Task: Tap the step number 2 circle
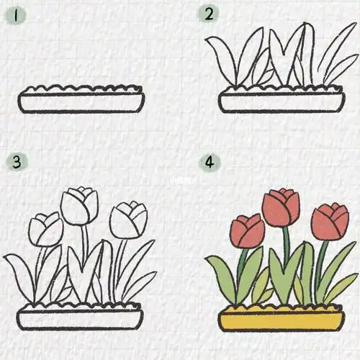[x=210, y=14]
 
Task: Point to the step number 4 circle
[x=210, y=163]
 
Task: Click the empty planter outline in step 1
[x=82, y=102]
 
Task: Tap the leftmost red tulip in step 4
[x=247, y=230]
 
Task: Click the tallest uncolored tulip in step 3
[x=79, y=205]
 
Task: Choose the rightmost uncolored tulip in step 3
[x=129, y=220]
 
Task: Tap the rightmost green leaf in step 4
[x=338, y=285]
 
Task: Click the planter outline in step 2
[x=282, y=101]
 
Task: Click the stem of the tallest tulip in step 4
[x=286, y=245]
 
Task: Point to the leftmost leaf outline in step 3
[x=20, y=277]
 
